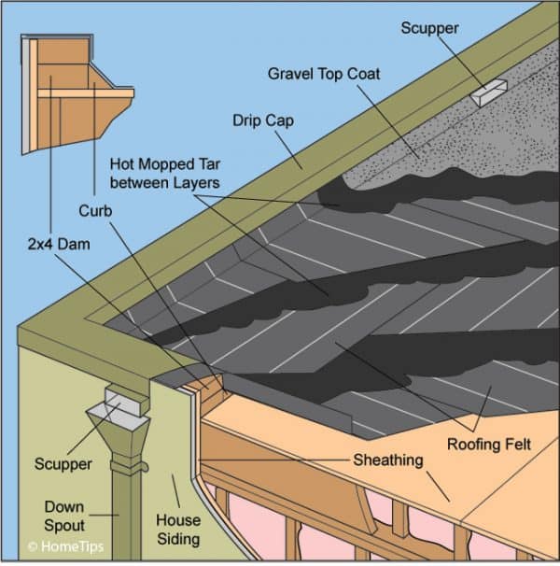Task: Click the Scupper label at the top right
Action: pos(430,28)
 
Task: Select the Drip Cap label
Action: pos(261,120)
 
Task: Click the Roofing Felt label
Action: pos(488,444)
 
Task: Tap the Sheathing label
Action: pos(387,460)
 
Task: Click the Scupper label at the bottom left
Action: pos(63,464)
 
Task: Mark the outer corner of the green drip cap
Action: pos(28,332)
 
